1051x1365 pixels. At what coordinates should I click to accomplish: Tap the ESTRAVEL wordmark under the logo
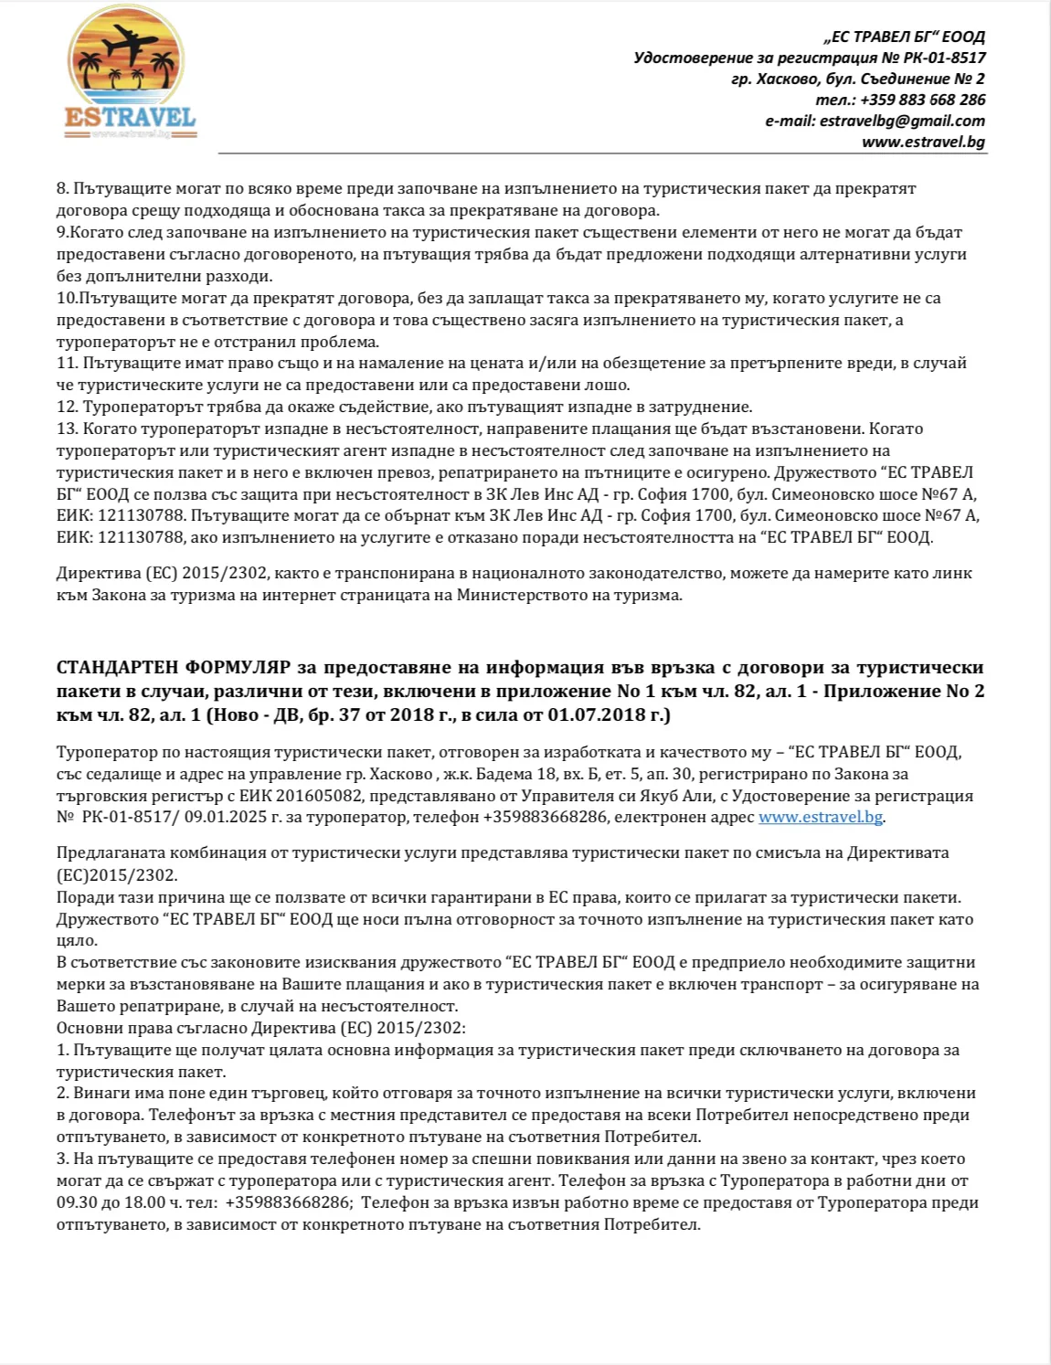130,118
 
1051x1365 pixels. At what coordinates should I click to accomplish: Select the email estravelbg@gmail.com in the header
902,121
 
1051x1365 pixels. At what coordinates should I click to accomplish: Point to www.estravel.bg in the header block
923,142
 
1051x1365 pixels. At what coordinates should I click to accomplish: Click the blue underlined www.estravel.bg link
820,817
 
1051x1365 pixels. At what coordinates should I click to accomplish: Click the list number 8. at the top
62,188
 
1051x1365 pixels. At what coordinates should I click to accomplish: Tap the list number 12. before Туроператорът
67,407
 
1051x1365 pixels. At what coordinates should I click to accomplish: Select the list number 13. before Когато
67,429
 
